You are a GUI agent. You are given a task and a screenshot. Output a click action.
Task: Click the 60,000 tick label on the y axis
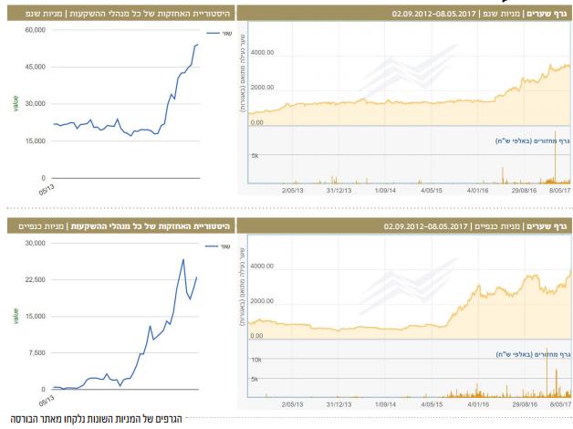click(x=35, y=30)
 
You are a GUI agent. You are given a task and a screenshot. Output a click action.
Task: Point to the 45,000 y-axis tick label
click(x=35, y=67)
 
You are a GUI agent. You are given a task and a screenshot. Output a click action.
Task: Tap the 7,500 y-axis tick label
click(x=36, y=351)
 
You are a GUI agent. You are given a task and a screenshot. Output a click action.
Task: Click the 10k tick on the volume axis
click(x=256, y=361)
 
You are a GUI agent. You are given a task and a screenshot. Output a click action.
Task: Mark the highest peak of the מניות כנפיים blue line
click(x=183, y=259)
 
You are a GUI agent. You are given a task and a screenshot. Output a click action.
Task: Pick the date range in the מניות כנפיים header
click(x=426, y=225)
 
